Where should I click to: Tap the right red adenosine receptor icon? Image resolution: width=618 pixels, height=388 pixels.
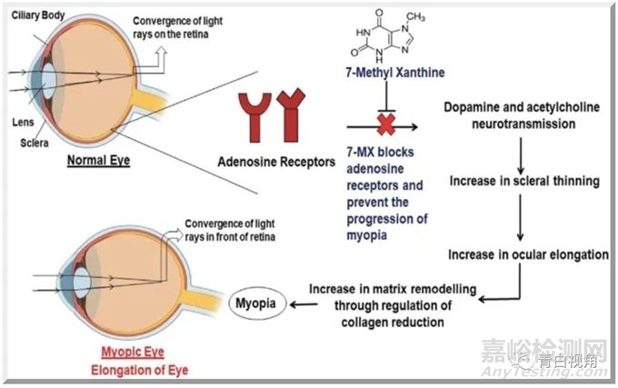[296, 117]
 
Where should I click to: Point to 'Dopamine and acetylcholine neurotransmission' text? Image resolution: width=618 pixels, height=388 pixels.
[524, 114]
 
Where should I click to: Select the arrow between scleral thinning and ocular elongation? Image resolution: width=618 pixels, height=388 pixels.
[523, 218]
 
